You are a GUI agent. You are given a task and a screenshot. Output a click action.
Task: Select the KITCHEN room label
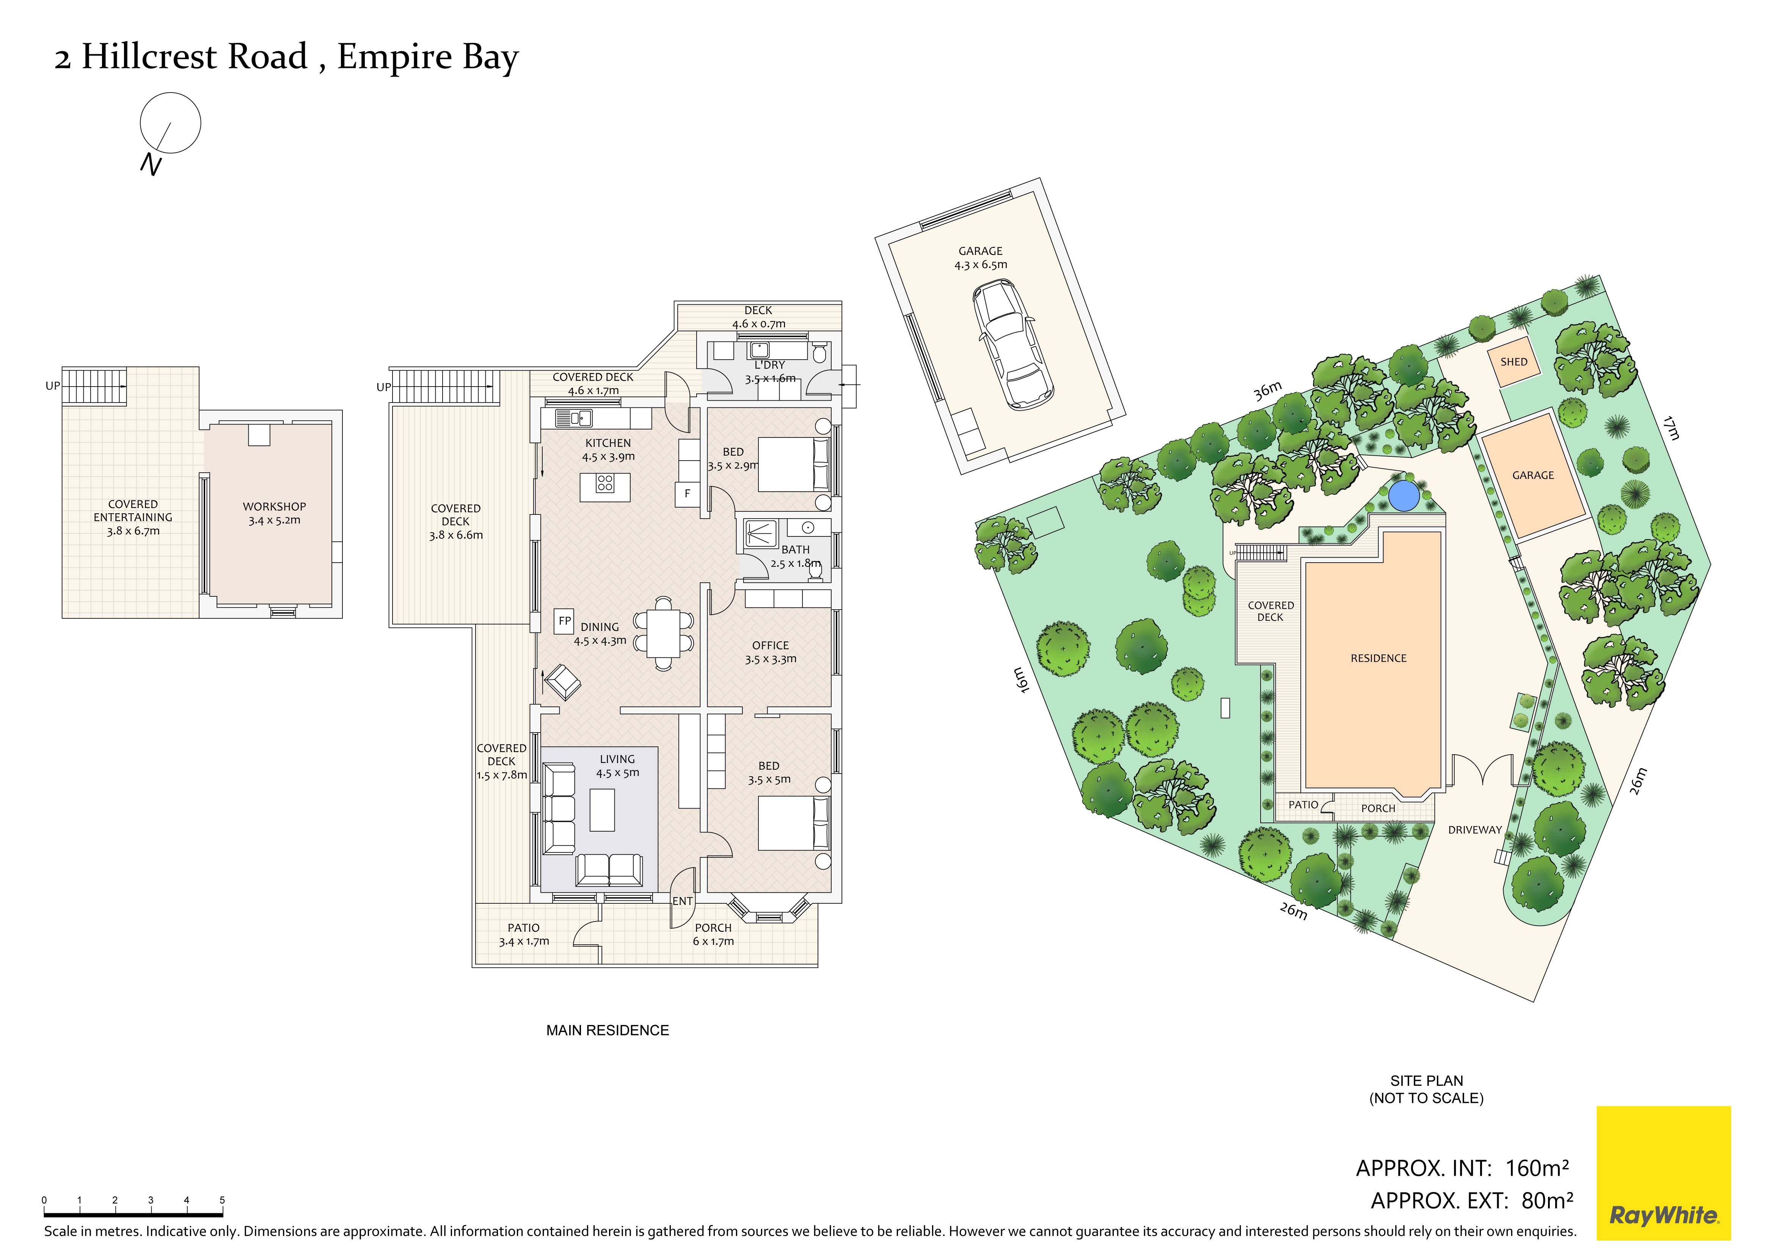pos(608,443)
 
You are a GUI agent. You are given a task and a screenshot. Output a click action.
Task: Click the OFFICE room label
pos(770,645)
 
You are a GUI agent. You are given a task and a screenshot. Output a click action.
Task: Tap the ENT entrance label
pos(682,901)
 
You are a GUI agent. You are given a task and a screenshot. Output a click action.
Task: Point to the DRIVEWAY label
pos(1475,830)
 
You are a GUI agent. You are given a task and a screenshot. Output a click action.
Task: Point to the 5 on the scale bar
pos(222,1200)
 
